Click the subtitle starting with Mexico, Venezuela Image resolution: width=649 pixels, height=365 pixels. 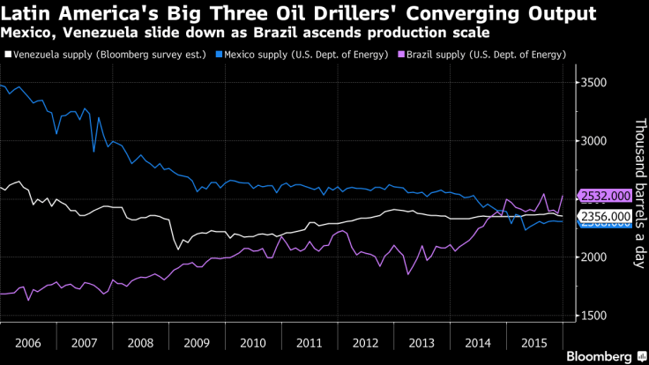[246, 33]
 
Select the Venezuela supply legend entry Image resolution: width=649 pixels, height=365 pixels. [110, 55]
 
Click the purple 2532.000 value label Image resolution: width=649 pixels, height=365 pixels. [604, 196]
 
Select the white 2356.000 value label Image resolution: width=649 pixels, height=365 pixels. [604, 216]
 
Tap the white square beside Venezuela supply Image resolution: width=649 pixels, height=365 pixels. [8, 55]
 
